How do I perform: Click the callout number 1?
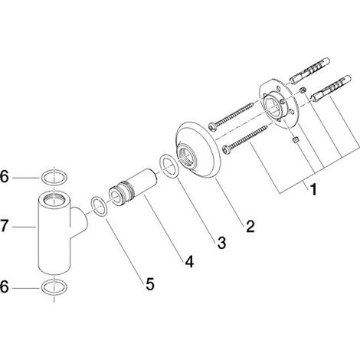(x=313, y=189)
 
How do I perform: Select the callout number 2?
(x=250, y=226)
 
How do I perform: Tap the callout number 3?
(x=221, y=242)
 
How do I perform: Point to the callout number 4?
(x=189, y=261)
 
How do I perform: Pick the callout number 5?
(x=150, y=283)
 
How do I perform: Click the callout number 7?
(x=5, y=226)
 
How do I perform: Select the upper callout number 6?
(x=5, y=176)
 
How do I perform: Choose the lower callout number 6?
(x=5, y=286)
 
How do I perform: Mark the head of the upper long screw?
(x=212, y=127)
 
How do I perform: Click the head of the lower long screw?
(x=227, y=149)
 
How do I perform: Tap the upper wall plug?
(x=309, y=71)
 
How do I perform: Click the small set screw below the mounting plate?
(x=295, y=140)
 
